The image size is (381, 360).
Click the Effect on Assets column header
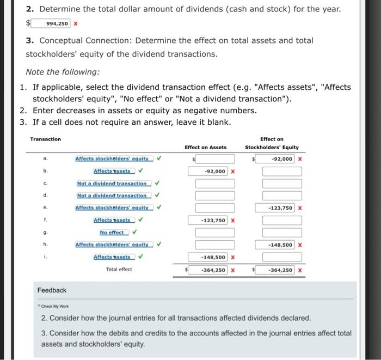tap(205, 147)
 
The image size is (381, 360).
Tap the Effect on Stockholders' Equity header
tap(272, 143)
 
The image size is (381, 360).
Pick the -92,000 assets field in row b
tap(215, 171)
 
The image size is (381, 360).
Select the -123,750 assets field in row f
tap(215, 220)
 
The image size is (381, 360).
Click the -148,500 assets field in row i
tap(215, 257)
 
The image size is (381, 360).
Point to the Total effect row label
tap(119, 270)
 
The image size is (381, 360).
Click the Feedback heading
tap(52, 290)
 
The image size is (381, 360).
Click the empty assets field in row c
tap(215, 184)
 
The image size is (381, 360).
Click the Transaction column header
tap(46, 139)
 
